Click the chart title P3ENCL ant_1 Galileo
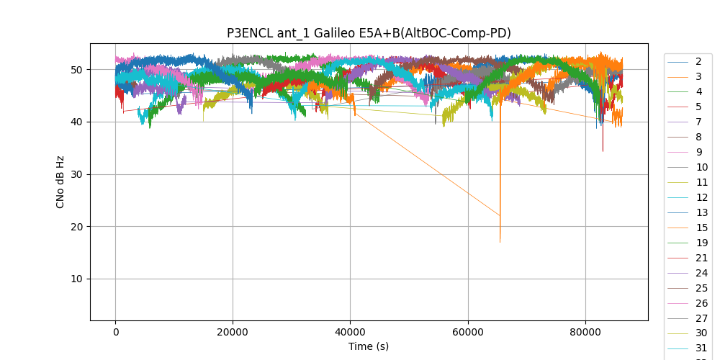[x=369, y=33]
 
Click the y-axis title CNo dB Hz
[x=60, y=181]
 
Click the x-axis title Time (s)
[x=369, y=346]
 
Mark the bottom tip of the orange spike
[x=500, y=242]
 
